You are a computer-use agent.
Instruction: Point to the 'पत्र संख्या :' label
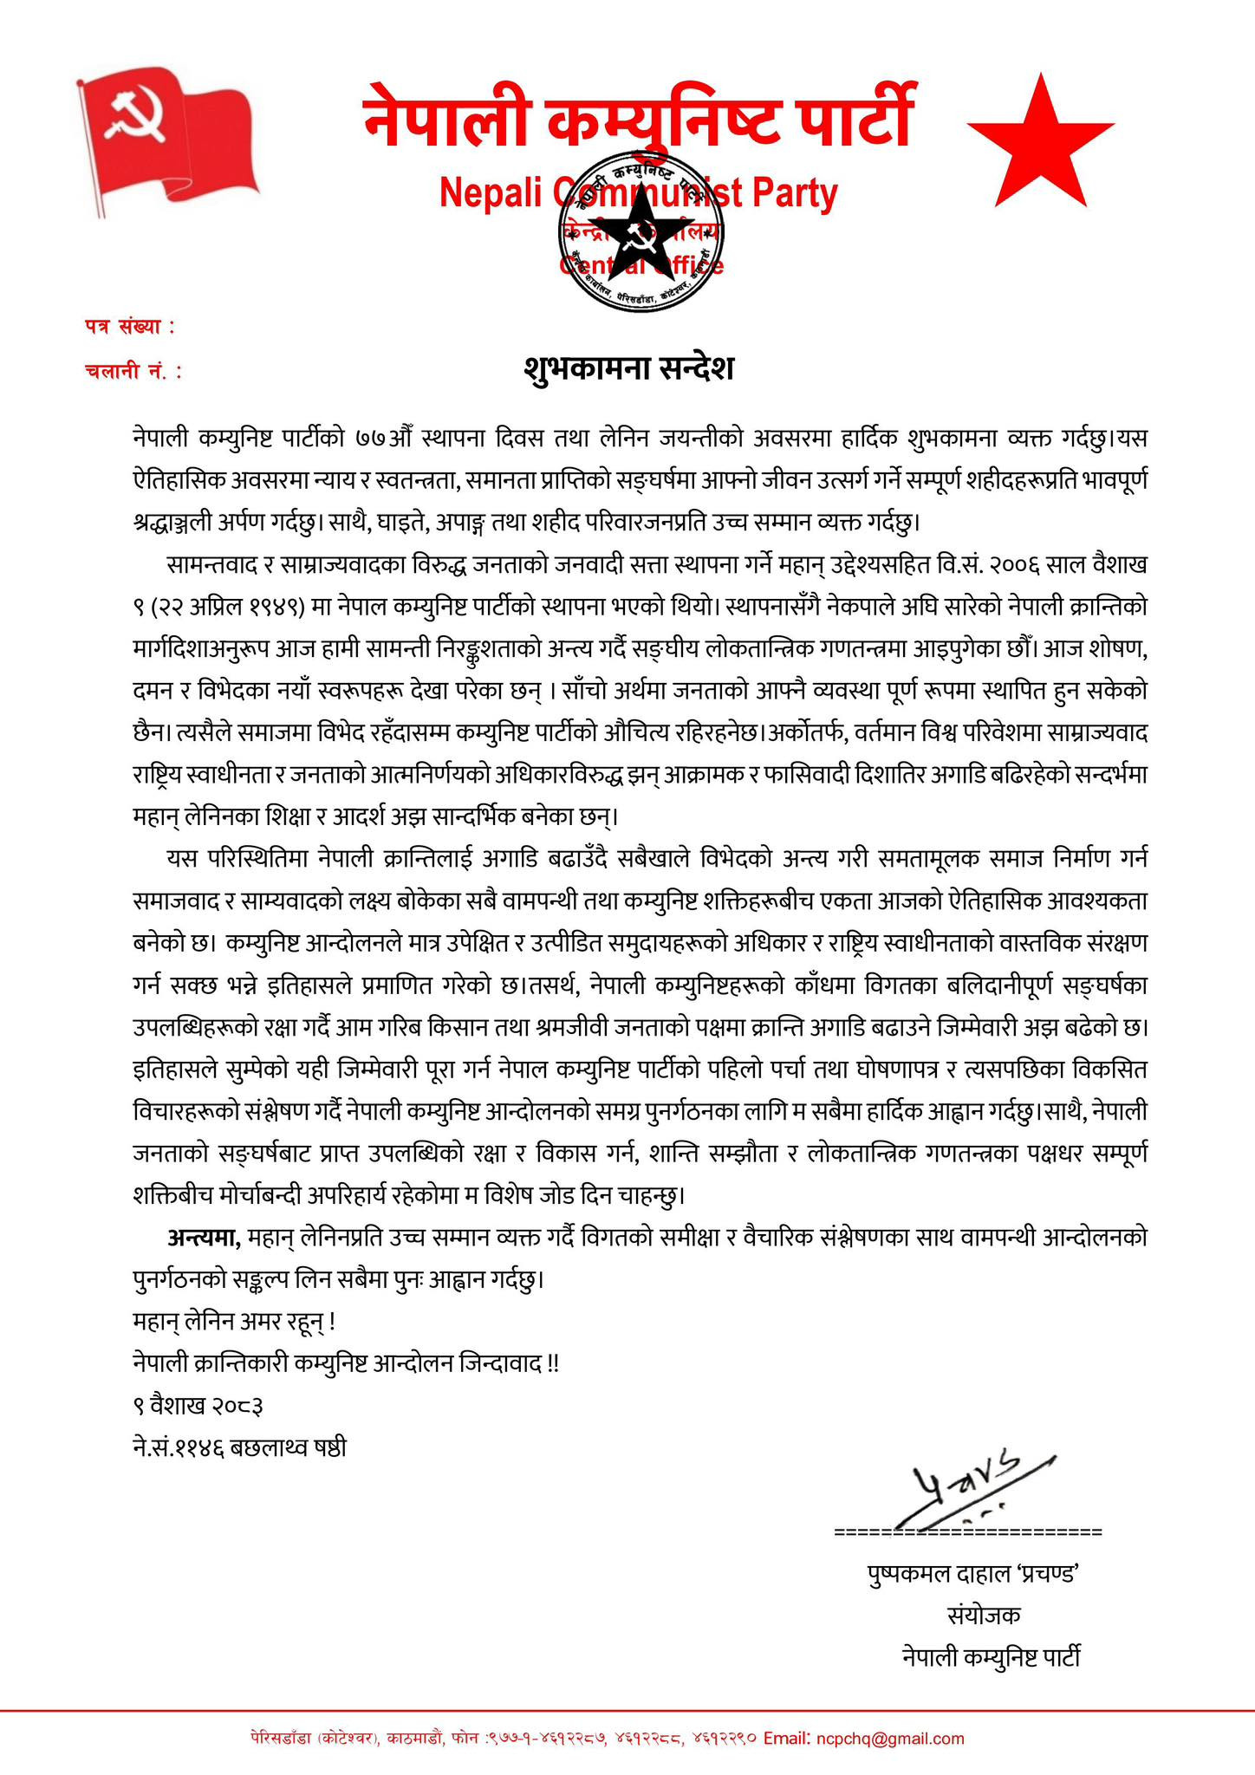[x=130, y=327]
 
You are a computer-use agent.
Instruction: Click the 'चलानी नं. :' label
[x=134, y=371]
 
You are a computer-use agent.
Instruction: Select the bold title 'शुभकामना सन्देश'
[x=629, y=368]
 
